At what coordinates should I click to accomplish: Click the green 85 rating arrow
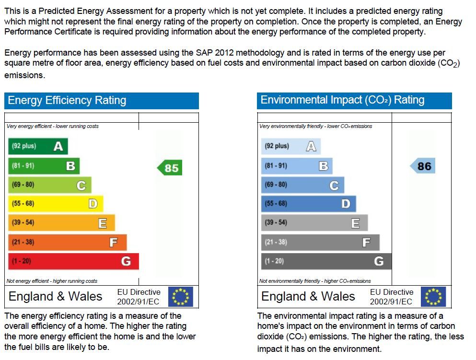coord(170,168)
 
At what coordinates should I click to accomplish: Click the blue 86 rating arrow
coord(423,166)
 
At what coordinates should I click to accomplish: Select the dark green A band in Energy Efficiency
coord(37,146)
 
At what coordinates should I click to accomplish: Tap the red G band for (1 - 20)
coord(73,261)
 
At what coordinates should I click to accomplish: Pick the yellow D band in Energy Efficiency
coord(55,204)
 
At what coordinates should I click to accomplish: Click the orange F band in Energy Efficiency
coord(67,242)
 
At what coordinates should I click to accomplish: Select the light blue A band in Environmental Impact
coord(290,146)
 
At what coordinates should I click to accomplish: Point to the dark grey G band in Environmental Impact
coord(326,261)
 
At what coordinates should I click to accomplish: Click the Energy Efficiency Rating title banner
coord(102,101)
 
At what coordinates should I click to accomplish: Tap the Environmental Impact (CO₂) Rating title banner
coord(354,100)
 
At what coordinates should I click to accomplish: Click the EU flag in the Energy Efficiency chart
coord(181,297)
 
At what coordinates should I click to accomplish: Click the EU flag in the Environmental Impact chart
coord(433,297)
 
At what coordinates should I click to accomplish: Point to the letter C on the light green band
coord(81,186)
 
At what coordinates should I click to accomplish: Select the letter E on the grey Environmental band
coord(355,223)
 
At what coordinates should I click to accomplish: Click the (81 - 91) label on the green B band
coord(23,166)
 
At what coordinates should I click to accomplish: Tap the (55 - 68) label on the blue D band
coord(276,204)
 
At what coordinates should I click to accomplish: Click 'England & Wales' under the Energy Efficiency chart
coord(56,296)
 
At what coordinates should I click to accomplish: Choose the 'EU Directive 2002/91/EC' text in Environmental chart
coord(391,297)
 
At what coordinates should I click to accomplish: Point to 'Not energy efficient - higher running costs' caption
coord(52,281)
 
